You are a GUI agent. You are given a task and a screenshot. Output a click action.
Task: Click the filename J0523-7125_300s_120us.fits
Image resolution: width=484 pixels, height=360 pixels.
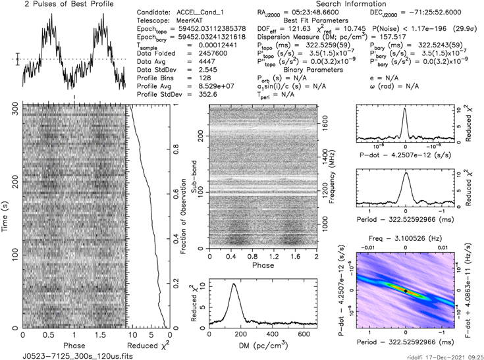66,355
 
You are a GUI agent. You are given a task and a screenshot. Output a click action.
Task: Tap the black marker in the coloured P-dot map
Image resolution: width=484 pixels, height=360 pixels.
406,290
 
